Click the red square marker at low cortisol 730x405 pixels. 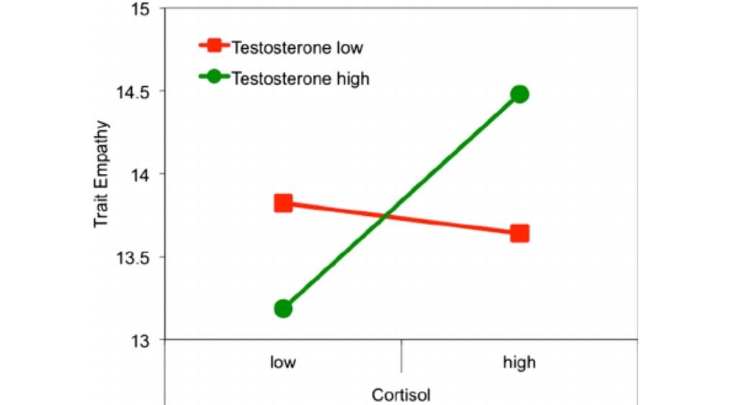(283, 203)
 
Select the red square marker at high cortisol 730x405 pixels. (520, 233)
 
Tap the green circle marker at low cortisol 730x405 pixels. (283, 309)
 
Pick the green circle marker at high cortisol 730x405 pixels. (520, 94)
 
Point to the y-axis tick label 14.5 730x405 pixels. (130, 92)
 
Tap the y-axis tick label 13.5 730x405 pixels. (130, 258)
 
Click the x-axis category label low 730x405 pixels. (283, 362)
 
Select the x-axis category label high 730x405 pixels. (520, 362)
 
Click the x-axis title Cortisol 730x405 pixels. (401, 394)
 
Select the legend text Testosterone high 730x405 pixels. (300, 78)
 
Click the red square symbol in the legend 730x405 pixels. (214, 47)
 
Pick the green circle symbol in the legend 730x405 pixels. (214, 77)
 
